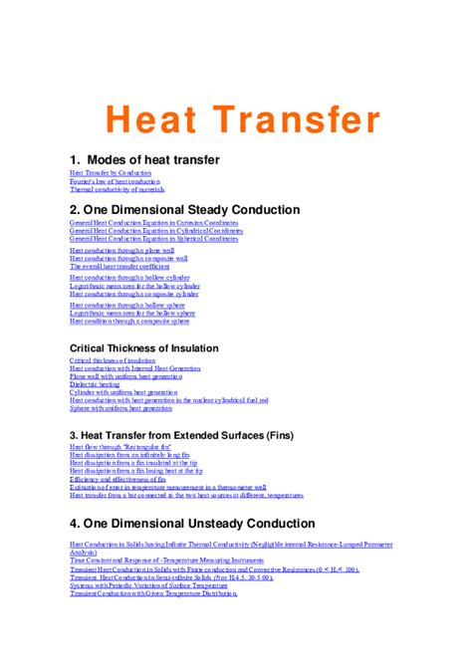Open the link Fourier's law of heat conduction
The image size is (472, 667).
pyautogui.click(x=115, y=182)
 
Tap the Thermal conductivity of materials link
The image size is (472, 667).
pyautogui.click(x=117, y=190)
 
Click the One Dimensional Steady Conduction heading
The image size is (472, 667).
pyautogui.click(x=184, y=210)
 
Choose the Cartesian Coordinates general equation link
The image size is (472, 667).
pyautogui.click(x=153, y=224)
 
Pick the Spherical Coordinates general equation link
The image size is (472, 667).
pyautogui.click(x=154, y=240)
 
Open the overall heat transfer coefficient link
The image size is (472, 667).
pyautogui.click(x=119, y=267)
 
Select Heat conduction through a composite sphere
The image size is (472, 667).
pyautogui.click(x=129, y=322)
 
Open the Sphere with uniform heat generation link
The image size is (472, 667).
pyautogui.click(x=120, y=409)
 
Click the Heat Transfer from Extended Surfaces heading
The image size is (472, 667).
pyautogui.click(x=180, y=435)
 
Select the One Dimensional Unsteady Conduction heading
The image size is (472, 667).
pyautogui.click(x=192, y=523)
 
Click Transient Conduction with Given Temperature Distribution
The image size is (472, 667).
pyautogui.click(x=153, y=594)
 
